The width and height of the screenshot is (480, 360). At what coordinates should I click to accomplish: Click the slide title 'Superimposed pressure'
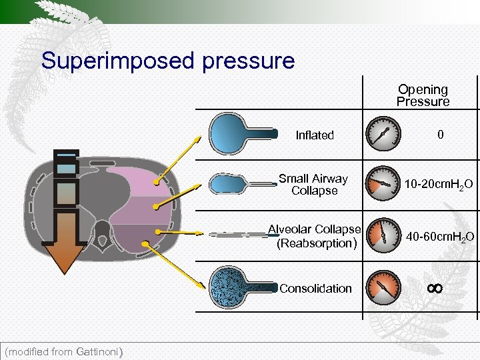[x=167, y=61]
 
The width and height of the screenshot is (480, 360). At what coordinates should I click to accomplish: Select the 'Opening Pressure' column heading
[x=423, y=95]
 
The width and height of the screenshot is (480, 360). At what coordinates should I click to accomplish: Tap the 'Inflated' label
[x=315, y=135]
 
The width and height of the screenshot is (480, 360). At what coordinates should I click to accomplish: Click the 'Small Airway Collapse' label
[x=313, y=185]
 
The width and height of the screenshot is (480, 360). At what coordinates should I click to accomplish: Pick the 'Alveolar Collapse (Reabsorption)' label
[x=314, y=236]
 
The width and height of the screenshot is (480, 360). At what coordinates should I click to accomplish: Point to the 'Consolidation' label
[x=315, y=289]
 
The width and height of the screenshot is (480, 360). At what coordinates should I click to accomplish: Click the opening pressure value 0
[x=440, y=135]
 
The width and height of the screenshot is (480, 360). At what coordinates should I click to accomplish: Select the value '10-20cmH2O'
[x=439, y=184]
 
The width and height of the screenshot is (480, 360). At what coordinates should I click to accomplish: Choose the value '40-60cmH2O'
[x=441, y=237]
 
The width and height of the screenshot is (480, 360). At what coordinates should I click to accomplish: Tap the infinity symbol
[x=435, y=288]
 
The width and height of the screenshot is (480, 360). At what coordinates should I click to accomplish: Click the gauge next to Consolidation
[x=384, y=287]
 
